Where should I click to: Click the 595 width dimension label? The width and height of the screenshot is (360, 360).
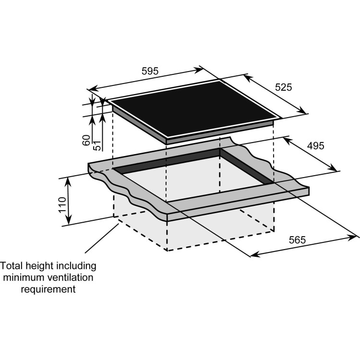tap(150, 71)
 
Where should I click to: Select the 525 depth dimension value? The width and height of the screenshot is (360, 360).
tap(283, 87)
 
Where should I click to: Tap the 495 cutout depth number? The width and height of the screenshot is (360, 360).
tap(316, 145)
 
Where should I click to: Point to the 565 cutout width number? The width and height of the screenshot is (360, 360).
tap(297, 240)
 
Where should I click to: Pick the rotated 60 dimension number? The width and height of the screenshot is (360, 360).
tap(86, 140)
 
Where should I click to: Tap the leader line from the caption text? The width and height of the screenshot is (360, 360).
tap(102, 238)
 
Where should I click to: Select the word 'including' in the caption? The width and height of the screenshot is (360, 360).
tap(76, 265)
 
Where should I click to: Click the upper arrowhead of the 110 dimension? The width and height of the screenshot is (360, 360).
tap(69, 180)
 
